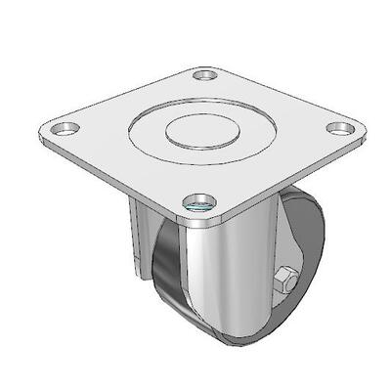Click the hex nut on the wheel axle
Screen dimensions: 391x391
pyautogui.click(x=284, y=280)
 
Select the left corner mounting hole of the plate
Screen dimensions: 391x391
pyautogui.click(x=65, y=128)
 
